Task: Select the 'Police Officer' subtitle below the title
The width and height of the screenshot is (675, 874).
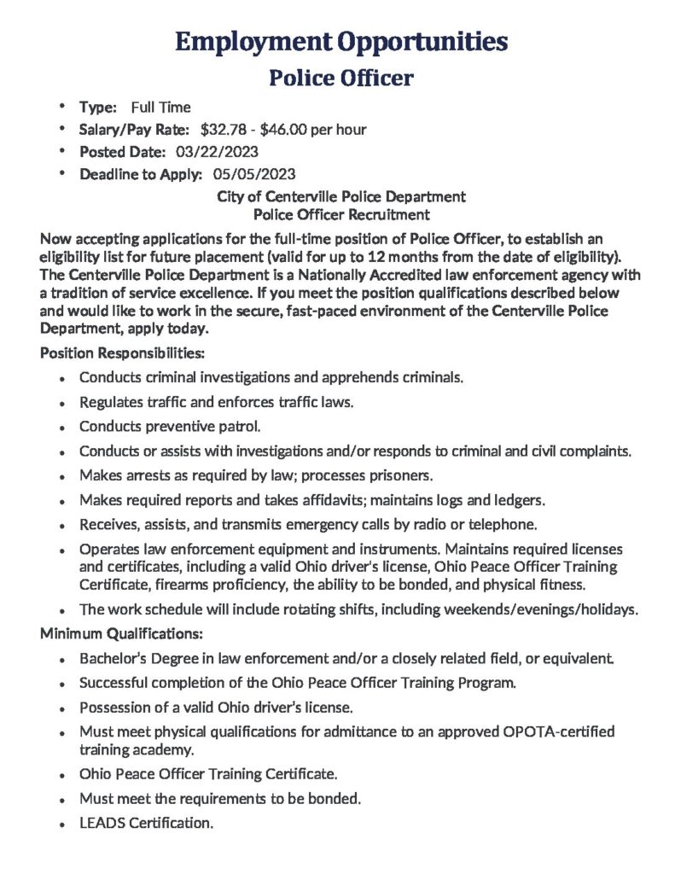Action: coord(341,78)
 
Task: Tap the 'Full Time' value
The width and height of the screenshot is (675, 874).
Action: coord(160,108)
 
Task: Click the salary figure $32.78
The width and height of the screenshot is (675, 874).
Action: coord(224,130)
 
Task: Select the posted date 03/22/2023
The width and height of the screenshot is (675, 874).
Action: coord(217,152)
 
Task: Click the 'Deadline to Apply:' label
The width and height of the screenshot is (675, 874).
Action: coord(141,174)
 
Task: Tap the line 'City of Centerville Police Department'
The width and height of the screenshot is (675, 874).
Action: coord(341,196)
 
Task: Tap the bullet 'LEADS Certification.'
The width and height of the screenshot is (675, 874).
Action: coord(146,824)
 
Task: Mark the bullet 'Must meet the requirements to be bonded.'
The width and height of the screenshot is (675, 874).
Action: coord(220,799)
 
